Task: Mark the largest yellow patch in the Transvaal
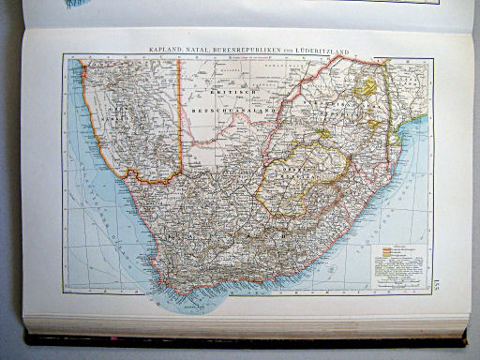(368, 89)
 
